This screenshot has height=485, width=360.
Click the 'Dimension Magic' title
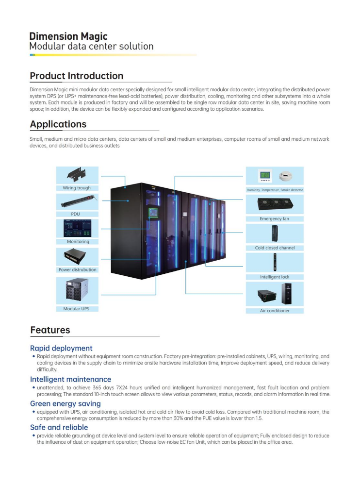68,36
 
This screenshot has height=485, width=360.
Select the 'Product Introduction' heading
77,76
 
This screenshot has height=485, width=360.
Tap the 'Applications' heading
58,124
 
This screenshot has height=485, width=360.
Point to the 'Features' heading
50,330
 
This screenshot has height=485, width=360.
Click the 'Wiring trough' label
77,188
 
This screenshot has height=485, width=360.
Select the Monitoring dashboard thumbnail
78,228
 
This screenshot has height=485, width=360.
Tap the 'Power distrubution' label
78,270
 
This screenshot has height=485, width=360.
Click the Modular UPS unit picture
77,289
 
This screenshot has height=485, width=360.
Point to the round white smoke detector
286,176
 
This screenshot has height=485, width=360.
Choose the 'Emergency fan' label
275,218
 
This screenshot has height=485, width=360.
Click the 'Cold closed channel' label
275,248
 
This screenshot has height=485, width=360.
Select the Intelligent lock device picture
275,262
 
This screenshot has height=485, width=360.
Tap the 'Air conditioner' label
275,311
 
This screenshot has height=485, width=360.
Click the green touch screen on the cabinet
153,213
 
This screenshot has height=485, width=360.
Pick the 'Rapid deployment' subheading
61,348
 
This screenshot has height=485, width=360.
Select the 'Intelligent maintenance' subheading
70,379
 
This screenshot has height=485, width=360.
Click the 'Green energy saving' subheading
65,403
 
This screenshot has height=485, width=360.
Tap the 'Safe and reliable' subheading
59,427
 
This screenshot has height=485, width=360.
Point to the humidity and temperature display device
265,176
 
